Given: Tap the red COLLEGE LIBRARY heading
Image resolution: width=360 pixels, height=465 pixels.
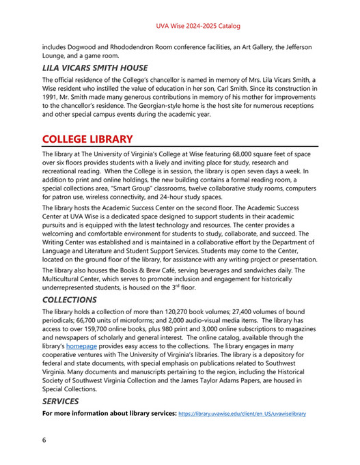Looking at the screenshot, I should (x=87, y=139).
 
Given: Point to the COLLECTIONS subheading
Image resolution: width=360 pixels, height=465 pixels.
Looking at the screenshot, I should (x=69, y=300).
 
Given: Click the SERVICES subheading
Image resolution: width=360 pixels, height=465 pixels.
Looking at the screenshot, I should (x=60, y=401).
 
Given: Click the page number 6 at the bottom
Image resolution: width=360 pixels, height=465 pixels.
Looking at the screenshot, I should (x=44, y=440).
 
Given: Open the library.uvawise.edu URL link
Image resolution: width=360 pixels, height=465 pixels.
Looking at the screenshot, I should (x=242, y=414).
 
